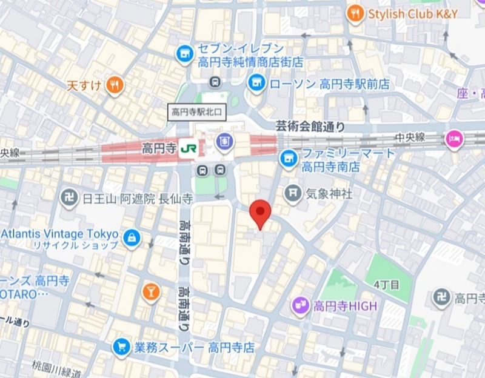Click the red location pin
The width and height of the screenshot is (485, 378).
(x=261, y=212)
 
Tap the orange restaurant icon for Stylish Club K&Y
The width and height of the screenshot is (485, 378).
(x=356, y=13)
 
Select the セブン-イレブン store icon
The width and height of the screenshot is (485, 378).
(x=184, y=55)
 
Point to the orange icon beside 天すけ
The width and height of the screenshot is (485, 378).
(x=114, y=85)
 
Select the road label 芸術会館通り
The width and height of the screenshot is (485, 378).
(x=310, y=127)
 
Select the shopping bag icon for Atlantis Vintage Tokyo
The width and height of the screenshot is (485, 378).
(x=132, y=239)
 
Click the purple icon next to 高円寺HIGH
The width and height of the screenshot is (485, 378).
(x=299, y=306)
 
